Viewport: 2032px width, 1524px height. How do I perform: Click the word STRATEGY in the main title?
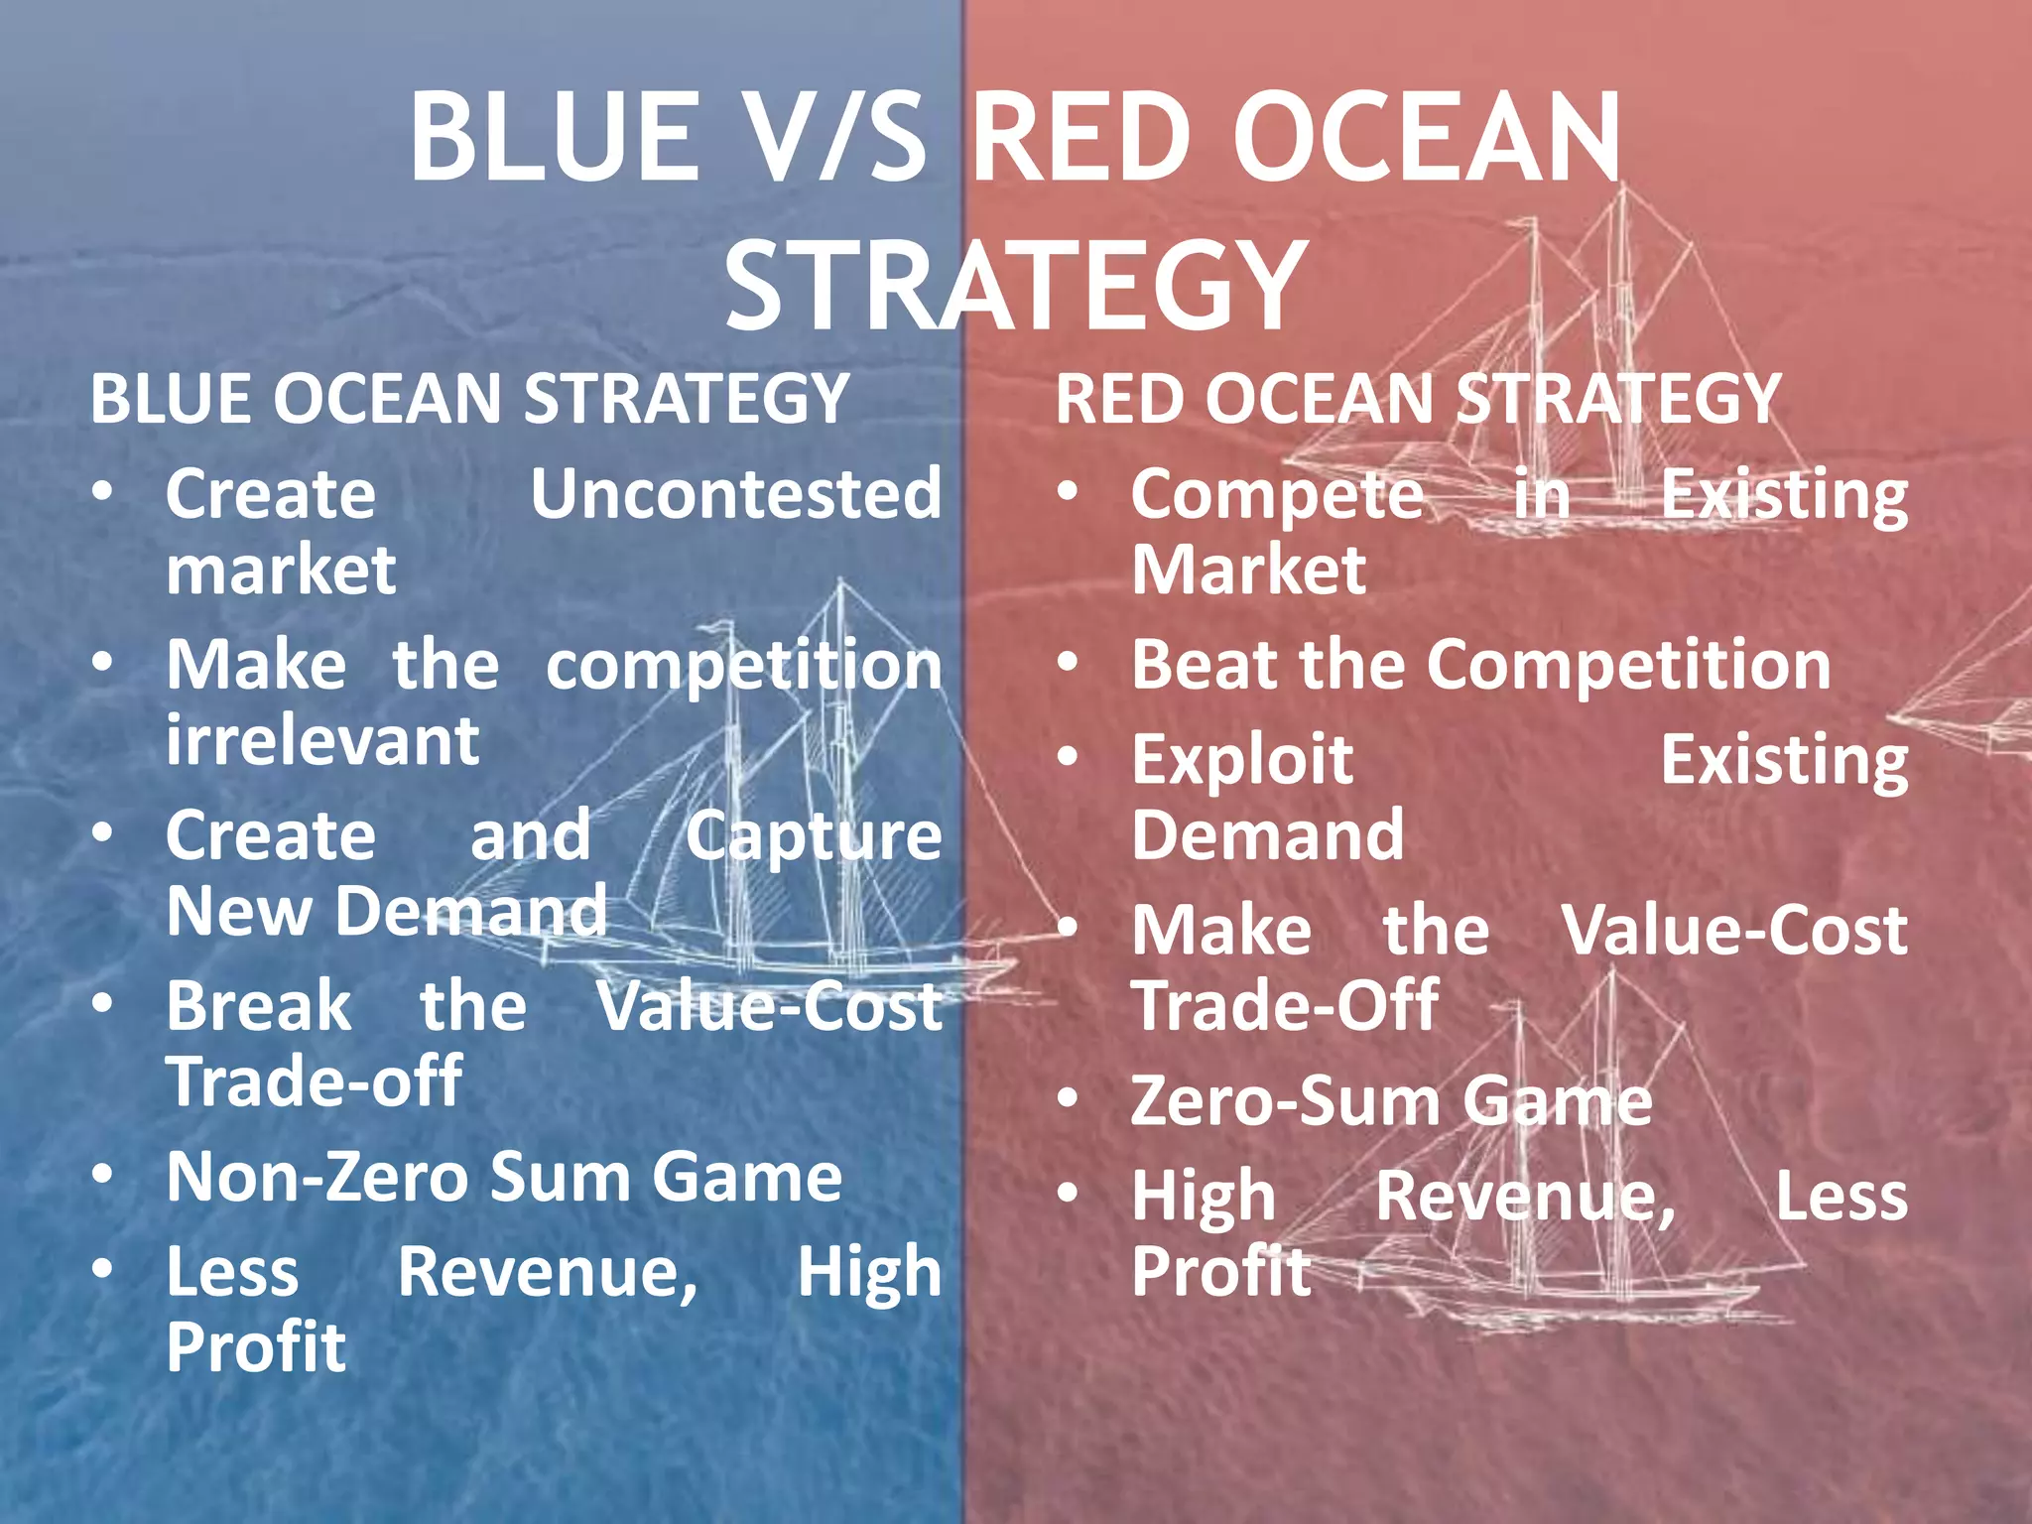(1014, 286)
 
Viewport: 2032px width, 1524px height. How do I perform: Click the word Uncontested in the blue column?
(735, 493)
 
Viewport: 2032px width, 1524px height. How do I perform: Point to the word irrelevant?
(322, 740)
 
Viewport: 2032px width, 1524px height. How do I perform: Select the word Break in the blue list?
(259, 1006)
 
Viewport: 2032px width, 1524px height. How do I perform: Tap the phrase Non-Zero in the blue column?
(317, 1177)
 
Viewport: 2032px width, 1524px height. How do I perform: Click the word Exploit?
(1242, 760)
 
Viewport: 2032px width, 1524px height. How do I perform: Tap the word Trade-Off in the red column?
(1285, 1006)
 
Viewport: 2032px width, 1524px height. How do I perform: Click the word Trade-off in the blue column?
(314, 1081)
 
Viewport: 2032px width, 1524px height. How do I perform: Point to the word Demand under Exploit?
(1268, 835)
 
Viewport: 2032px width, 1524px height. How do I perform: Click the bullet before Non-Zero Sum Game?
(103, 1175)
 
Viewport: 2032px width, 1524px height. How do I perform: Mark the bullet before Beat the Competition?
(1068, 663)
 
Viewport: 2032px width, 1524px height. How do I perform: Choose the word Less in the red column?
(1841, 1196)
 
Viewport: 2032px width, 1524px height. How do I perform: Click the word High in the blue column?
(869, 1272)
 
